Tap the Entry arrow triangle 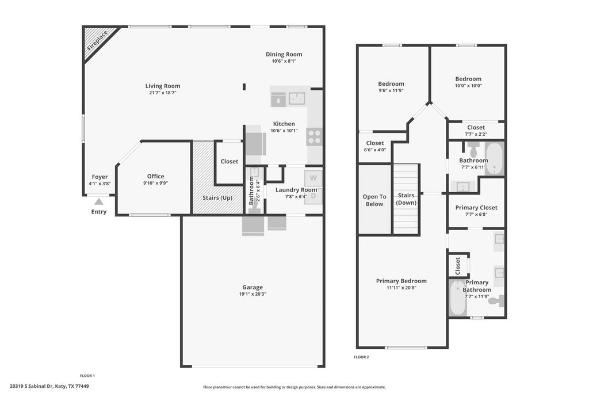tap(98, 201)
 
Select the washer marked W tap(313, 178)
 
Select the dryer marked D tap(313, 196)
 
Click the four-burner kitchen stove tap(315, 137)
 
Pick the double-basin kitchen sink tap(297, 98)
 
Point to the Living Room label tap(163, 86)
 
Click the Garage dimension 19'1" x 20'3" tap(253, 294)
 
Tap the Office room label tap(155, 176)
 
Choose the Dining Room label tap(284, 54)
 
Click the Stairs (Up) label tap(217, 197)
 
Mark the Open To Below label tap(374, 200)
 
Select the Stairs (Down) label tap(406, 199)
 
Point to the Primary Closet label tap(476, 207)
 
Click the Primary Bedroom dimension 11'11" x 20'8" tap(401, 288)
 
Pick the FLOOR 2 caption tap(361, 357)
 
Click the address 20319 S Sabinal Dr tap(32, 386)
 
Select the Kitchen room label tap(284, 124)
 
